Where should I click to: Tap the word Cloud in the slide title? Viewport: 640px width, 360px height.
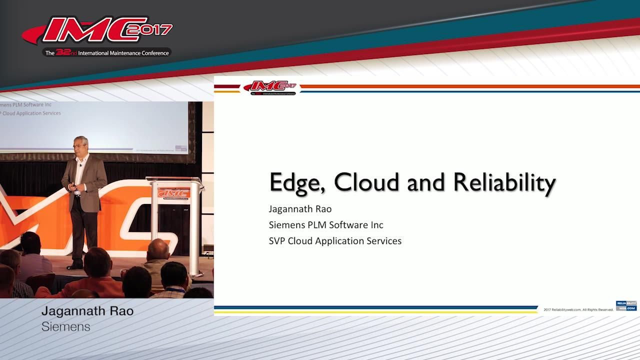coord(367,182)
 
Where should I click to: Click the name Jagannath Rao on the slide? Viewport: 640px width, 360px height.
coord(300,208)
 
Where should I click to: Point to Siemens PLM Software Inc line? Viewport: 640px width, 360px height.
coord(326,224)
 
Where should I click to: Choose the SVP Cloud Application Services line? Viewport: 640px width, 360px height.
coord(335,240)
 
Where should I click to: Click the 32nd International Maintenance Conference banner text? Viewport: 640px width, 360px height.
coord(107,52)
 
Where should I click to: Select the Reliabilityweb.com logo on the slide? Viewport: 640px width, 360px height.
coord(626,305)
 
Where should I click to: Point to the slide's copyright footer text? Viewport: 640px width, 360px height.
coord(578,309)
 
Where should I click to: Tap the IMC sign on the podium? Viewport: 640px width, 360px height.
coord(173,192)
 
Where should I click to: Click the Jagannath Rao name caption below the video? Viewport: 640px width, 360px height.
coord(87,311)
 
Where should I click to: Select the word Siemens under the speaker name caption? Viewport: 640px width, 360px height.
coord(65,326)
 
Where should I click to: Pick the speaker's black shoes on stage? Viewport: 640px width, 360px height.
coord(75,264)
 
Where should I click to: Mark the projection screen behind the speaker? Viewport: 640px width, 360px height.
coord(95,125)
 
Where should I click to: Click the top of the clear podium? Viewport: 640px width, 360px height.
coord(174,180)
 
